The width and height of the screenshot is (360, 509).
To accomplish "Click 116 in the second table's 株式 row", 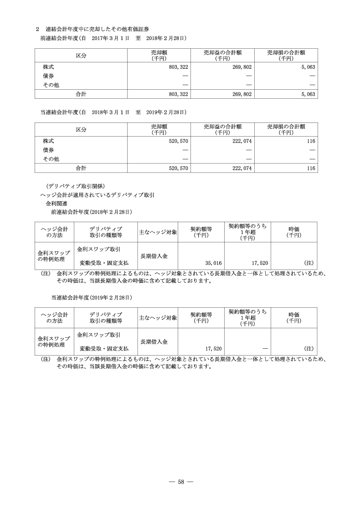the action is pos(311,142).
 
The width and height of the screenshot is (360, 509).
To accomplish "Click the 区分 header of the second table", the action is pos(81,129).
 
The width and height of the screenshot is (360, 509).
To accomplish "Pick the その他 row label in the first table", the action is pos(51,85).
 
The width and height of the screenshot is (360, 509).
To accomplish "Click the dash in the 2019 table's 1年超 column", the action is pos(265,349).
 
